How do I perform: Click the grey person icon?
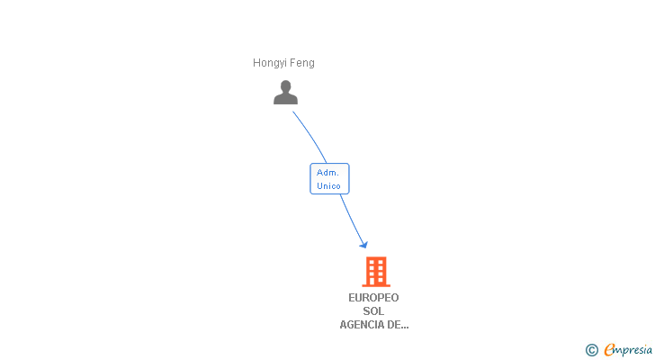[x=285, y=93]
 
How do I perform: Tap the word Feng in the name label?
[x=302, y=63]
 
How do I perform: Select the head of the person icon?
[x=285, y=86]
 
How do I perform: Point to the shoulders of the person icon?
[x=285, y=99]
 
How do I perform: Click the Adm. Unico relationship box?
[x=329, y=179]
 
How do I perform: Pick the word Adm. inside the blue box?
[x=327, y=173]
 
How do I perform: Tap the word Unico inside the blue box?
[x=328, y=186]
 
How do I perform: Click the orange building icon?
[x=376, y=271]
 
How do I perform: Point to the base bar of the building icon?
[x=376, y=284]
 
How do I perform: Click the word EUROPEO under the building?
[x=373, y=298]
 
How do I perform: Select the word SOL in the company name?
[x=373, y=311]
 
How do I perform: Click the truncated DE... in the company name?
[x=398, y=325]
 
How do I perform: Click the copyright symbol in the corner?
[x=591, y=350]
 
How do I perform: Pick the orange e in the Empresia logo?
[x=609, y=350]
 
